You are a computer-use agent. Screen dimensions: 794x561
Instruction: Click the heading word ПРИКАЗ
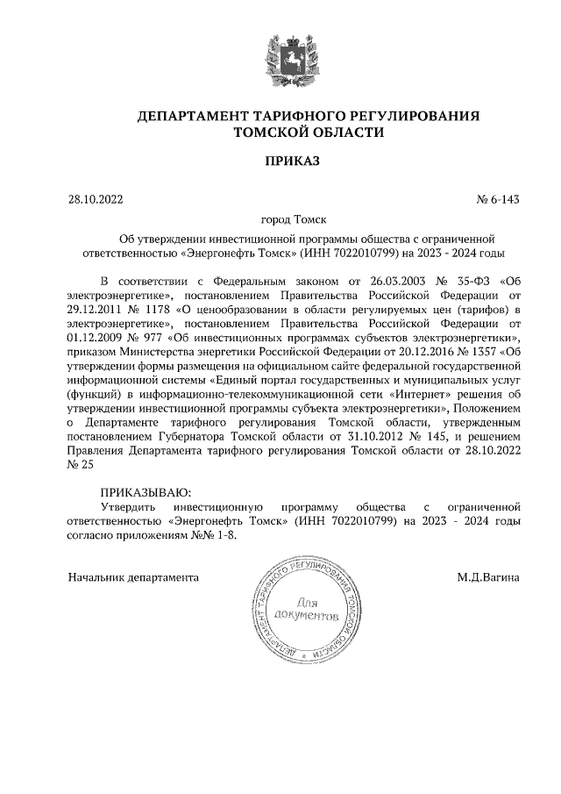(280, 161)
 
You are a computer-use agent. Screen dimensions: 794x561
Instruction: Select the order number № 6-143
(498, 199)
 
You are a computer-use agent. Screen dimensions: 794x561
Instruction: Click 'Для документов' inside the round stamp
(306, 610)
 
